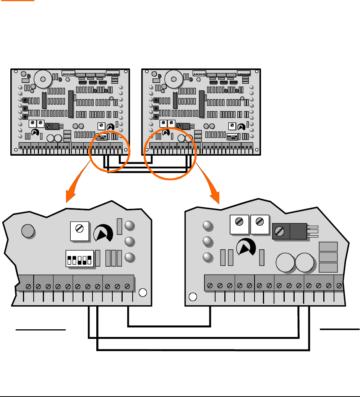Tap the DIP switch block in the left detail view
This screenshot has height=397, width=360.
[x=80, y=258]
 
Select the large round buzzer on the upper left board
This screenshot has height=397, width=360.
[x=43, y=80]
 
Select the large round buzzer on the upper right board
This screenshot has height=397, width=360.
[x=174, y=80]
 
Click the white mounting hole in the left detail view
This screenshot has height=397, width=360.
[x=142, y=293]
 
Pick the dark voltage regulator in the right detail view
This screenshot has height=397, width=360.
[x=290, y=231]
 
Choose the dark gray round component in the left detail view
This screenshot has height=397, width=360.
[x=28, y=231]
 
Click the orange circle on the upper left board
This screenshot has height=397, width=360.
[x=110, y=151]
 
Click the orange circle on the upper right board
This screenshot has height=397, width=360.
[x=170, y=154]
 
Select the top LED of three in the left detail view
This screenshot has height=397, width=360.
[x=130, y=226]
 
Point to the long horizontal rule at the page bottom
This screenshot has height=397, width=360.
[x=180, y=397]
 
